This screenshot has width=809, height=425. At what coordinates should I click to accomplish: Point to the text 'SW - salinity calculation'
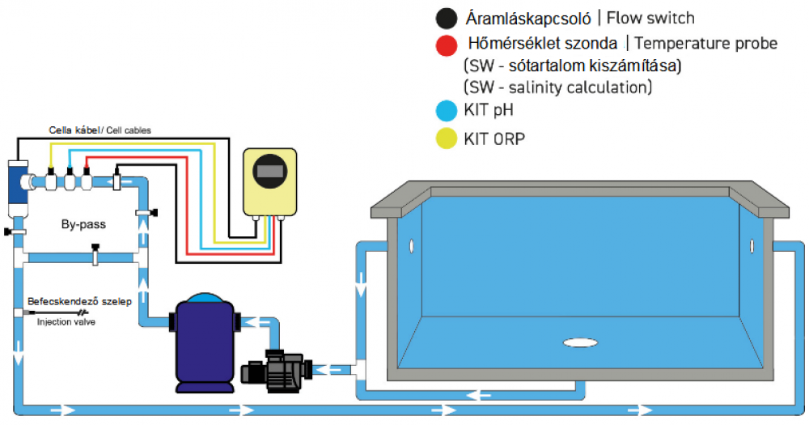point(557,86)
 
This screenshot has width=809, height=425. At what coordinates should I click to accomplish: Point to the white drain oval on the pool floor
point(581,342)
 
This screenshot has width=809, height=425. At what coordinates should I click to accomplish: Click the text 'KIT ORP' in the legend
point(494,138)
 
